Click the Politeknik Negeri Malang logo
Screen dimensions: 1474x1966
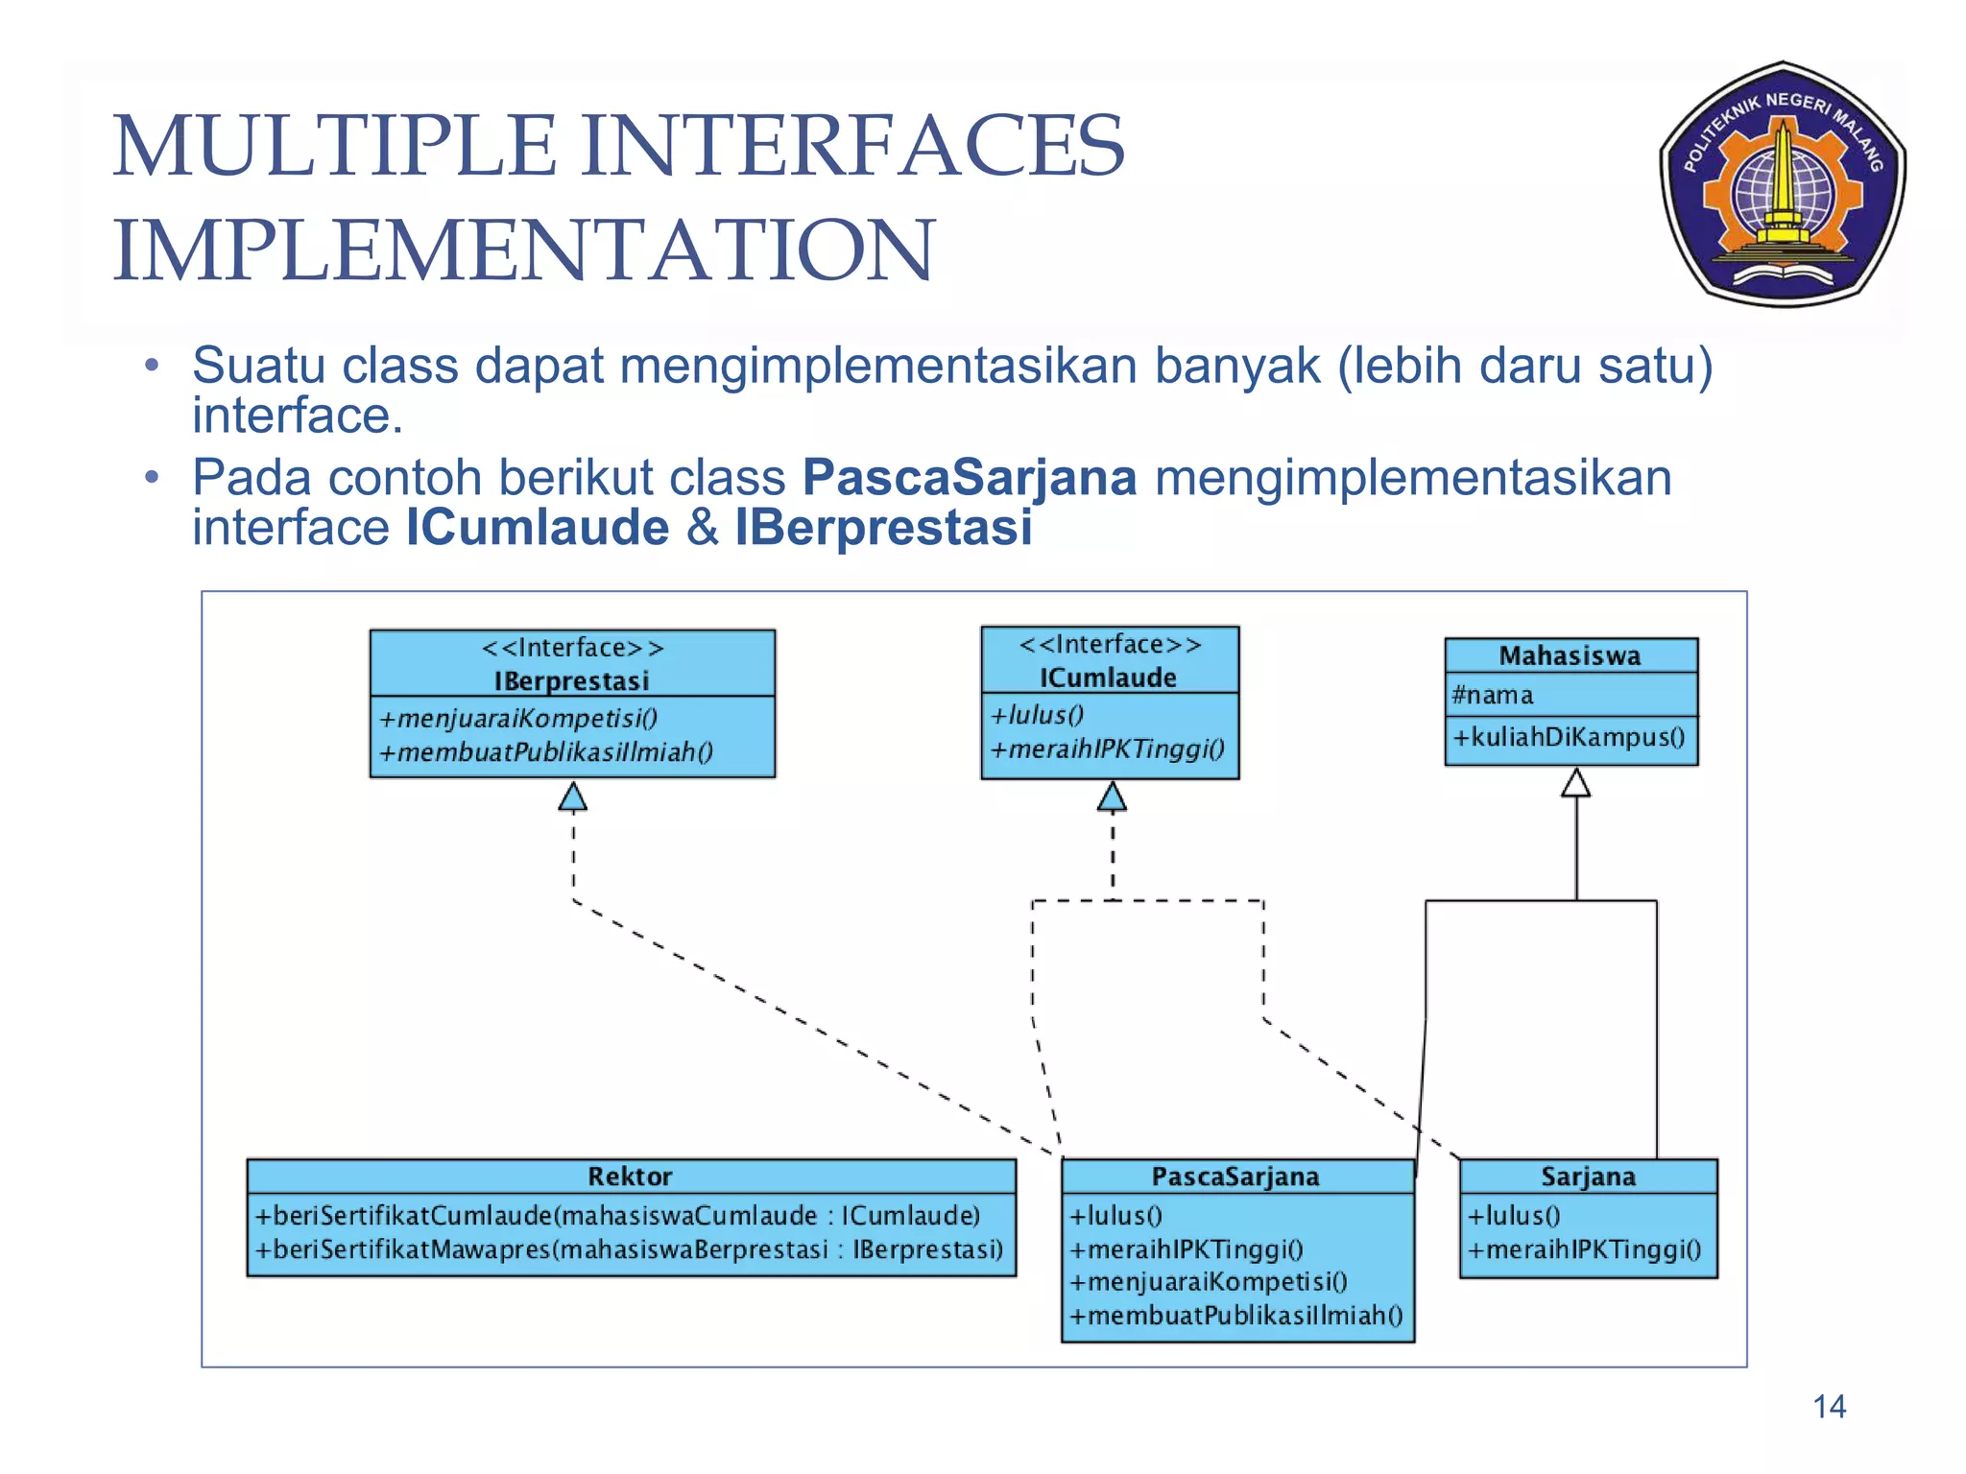coord(1783,184)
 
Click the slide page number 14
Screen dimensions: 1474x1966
coord(1829,1407)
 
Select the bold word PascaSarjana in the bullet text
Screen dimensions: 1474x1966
coord(970,478)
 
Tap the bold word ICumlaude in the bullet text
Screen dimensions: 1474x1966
coord(538,528)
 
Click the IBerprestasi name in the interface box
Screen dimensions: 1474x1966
coord(572,680)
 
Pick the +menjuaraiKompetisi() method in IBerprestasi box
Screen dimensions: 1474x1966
coord(518,718)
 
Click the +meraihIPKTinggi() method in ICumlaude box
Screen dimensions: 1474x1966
coord(1108,749)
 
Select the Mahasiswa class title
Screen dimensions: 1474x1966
coord(1570,655)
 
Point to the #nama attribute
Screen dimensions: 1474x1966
coord(1493,695)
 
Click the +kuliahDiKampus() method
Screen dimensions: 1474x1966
coord(1569,737)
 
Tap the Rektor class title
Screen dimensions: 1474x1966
coord(630,1177)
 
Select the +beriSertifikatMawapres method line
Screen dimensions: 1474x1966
coord(629,1249)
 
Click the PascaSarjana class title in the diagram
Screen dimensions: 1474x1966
coord(1235,1177)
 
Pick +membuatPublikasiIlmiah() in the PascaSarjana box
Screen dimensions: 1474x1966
coord(1236,1315)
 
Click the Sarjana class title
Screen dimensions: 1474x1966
coord(1588,1177)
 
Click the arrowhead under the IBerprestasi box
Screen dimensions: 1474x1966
coord(573,796)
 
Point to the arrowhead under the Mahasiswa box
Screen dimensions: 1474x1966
coord(1575,783)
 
